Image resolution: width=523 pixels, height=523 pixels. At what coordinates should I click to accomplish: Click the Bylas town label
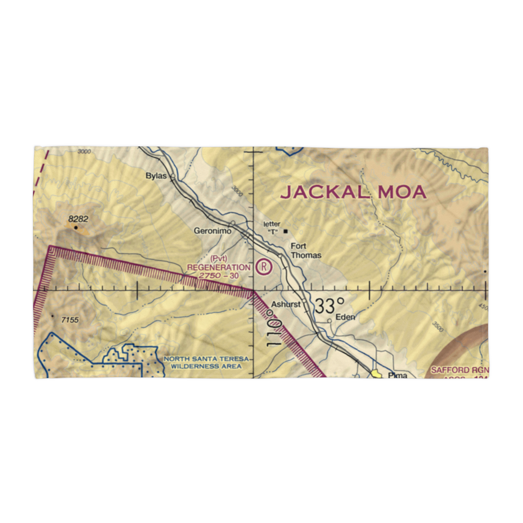[x=156, y=176]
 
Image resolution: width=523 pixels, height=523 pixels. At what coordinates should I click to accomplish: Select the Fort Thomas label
[x=306, y=252]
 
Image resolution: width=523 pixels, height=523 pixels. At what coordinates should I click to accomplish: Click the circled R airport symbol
[x=265, y=267]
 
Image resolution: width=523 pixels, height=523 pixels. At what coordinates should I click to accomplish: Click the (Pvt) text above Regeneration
[x=219, y=259]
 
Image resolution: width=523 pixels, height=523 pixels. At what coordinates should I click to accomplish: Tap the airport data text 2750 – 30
[x=219, y=276]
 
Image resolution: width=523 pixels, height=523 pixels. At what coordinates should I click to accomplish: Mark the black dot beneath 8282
[x=76, y=228]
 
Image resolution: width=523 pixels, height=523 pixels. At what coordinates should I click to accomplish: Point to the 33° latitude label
[x=329, y=305]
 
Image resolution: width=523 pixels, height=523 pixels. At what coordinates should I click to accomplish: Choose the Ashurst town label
[x=286, y=304]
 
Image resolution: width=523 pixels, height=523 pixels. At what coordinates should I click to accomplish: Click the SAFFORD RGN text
[x=460, y=370]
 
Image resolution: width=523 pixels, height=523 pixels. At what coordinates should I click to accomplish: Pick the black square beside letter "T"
[x=285, y=231]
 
